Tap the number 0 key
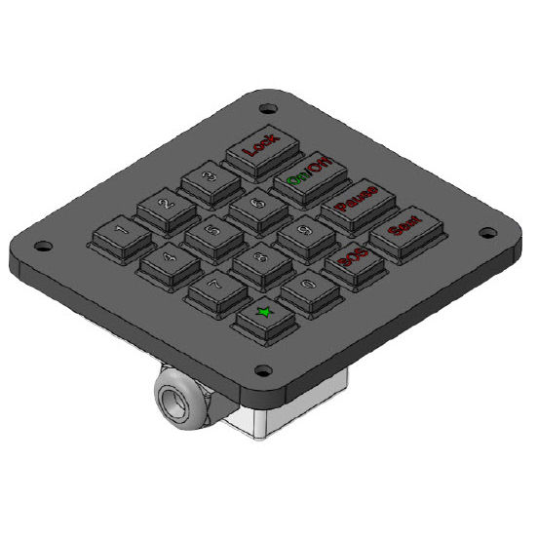pos(306,288)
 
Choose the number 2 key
pos(164,207)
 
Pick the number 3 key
pos(210,179)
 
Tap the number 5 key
pos(211,234)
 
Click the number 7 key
pos(214,288)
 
